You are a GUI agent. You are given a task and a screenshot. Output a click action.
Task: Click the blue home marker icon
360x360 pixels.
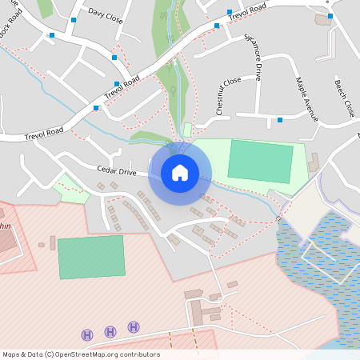(180, 172)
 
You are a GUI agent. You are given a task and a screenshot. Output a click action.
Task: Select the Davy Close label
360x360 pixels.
(106, 14)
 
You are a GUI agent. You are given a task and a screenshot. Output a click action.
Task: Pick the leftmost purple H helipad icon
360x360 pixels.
(87, 334)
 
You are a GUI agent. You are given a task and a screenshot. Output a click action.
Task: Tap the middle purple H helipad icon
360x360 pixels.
(110, 330)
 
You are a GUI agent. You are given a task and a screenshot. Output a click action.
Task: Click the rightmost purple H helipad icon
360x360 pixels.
(134, 326)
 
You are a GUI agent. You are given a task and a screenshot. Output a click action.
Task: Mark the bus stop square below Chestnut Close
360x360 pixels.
(280, 120)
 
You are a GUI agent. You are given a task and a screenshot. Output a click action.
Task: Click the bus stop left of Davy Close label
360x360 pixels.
(73, 18)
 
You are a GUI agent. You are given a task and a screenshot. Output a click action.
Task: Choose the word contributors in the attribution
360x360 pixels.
(140, 354)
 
